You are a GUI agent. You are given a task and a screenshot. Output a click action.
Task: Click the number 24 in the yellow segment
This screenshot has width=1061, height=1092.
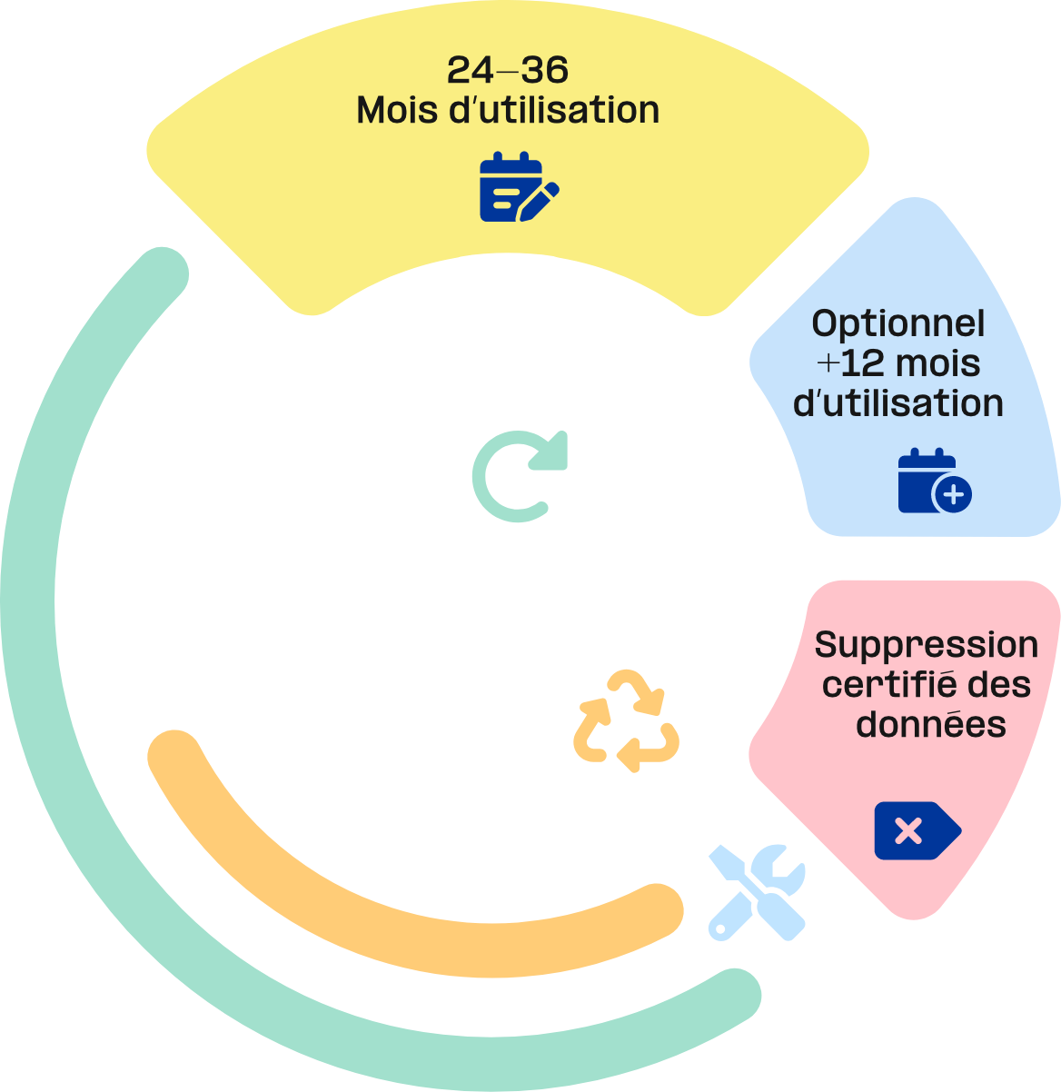(470, 70)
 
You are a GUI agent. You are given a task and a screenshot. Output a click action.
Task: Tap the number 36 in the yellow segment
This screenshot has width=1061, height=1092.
(544, 70)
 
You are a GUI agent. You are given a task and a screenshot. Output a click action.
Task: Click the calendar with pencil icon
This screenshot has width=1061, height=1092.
(519, 187)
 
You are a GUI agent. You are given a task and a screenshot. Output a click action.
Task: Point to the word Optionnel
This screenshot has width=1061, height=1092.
(897, 323)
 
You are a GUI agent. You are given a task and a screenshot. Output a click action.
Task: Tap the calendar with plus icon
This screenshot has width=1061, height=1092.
(935, 481)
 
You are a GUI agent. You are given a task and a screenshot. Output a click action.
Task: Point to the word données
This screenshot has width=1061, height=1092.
(931, 724)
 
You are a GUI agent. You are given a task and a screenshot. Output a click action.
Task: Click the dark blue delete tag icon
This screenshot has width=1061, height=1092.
(917, 831)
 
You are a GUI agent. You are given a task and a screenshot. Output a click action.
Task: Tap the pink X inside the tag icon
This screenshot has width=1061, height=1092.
(908, 831)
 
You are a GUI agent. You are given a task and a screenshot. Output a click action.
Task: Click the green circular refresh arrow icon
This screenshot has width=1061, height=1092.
(520, 476)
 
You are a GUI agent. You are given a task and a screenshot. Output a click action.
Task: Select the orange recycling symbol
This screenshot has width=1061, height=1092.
(626, 720)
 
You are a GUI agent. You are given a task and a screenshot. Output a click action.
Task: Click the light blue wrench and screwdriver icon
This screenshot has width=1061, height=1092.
(757, 892)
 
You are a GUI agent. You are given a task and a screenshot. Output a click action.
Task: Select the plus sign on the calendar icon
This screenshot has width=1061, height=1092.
(953, 494)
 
